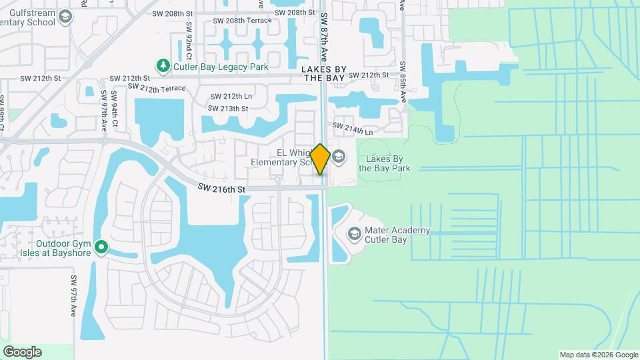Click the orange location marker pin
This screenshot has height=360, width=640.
(x=321, y=159)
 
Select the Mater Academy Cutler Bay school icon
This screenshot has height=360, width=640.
(x=353, y=234)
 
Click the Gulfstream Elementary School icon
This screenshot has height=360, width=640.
(x=65, y=16)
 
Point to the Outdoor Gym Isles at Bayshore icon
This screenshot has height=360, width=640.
(x=101, y=248)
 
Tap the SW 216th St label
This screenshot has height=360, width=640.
(x=221, y=190)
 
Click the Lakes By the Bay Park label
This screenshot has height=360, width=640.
(x=385, y=163)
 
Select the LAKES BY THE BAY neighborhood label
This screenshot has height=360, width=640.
(x=323, y=73)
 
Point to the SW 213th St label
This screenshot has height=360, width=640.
(x=228, y=108)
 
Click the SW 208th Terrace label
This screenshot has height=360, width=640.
(x=242, y=21)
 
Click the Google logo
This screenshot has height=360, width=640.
(x=22, y=352)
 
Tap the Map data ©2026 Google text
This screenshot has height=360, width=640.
(x=597, y=355)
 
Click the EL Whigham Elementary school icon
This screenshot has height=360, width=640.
(x=339, y=157)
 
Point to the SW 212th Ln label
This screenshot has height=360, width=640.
(x=230, y=96)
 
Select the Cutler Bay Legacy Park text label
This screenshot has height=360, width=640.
(x=221, y=67)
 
